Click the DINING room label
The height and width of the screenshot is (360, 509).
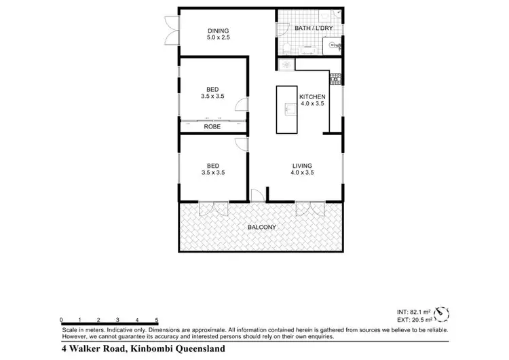[x=218, y=30]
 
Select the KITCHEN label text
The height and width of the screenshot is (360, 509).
[x=312, y=96]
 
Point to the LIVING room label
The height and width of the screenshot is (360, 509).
[x=302, y=165]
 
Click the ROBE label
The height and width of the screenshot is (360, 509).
[x=212, y=126]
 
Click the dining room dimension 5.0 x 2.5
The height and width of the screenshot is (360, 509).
[x=218, y=38]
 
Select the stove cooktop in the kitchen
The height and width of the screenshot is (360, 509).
[x=335, y=78]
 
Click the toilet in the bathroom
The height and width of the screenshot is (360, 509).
[x=286, y=48]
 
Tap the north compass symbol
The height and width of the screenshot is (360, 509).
[x=442, y=313]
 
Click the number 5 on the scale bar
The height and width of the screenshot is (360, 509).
[x=157, y=319]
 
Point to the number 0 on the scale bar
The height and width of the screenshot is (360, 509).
[x=61, y=319]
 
